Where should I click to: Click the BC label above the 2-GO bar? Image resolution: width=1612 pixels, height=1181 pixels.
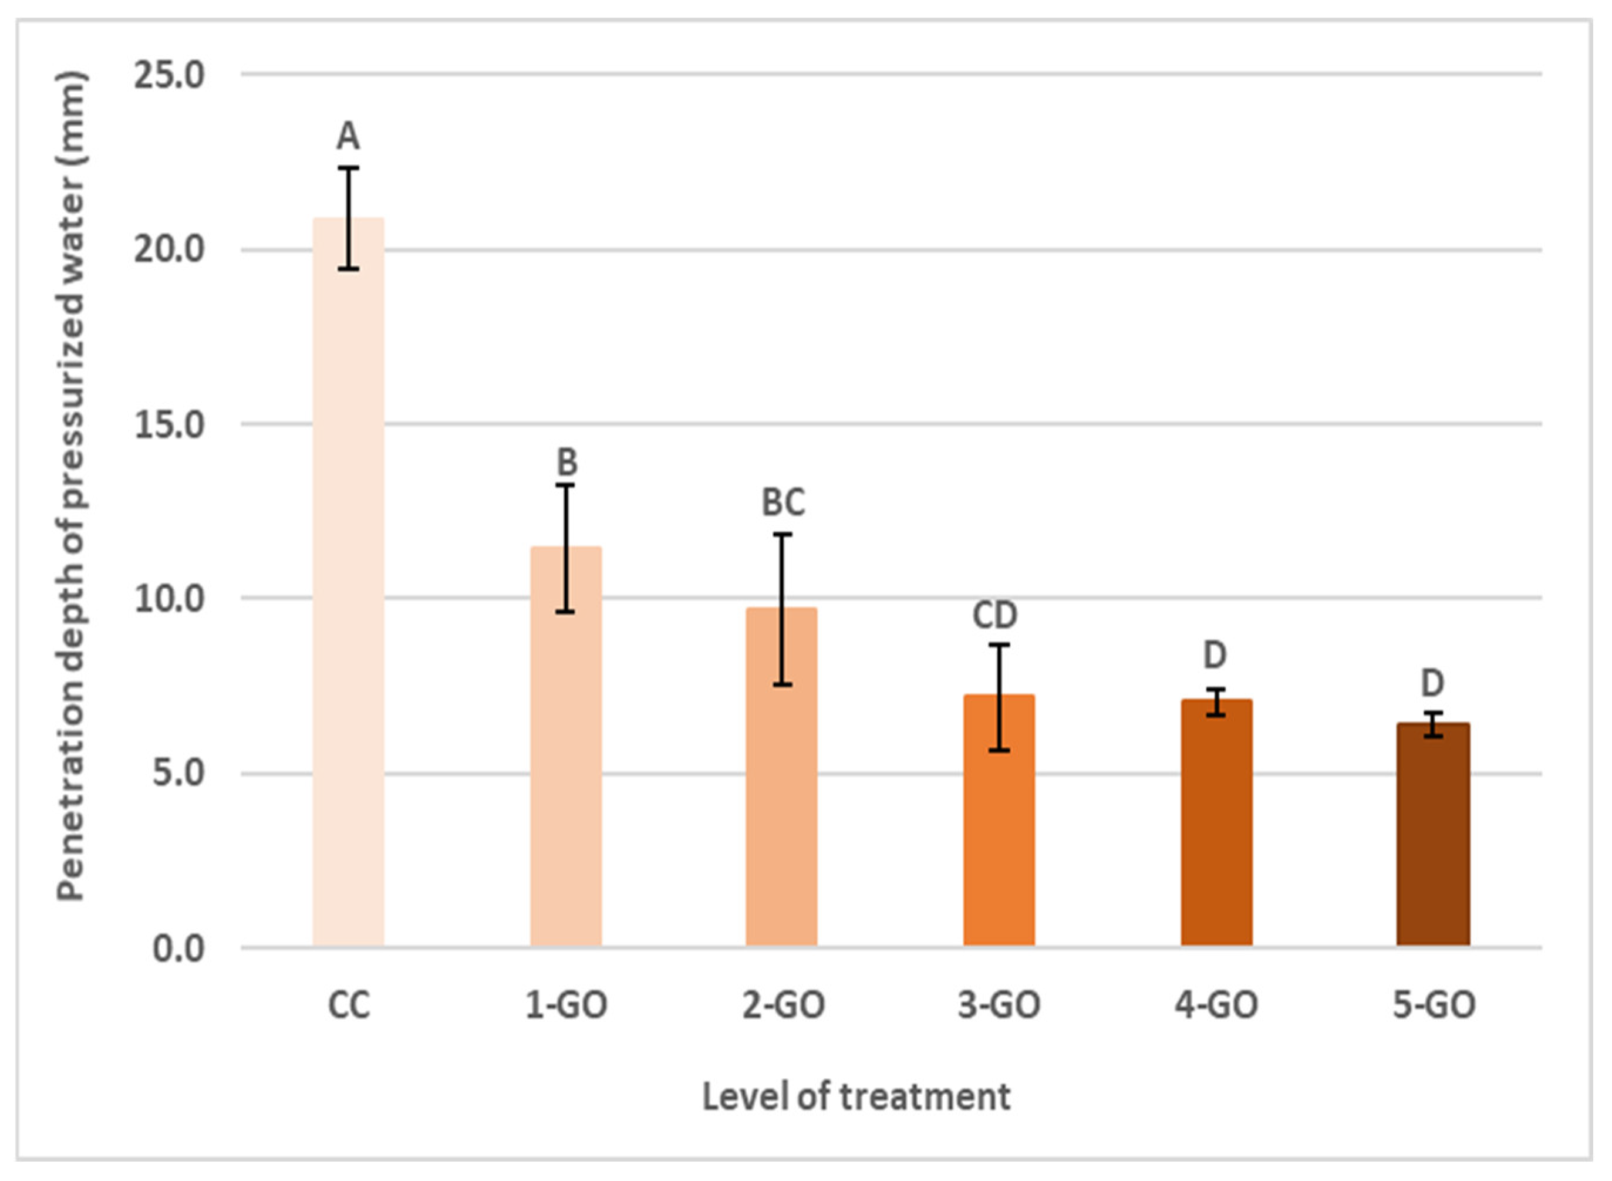pyautogui.click(x=783, y=502)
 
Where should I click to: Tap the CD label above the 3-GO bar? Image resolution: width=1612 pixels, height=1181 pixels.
pyautogui.click(x=994, y=615)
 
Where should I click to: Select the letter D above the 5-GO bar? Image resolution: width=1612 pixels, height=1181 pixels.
pyautogui.click(x=1432, y=683)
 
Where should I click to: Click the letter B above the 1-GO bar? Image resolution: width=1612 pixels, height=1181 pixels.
pyautogui.click(x=566, y=462)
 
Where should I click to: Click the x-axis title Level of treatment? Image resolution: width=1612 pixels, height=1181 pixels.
pyautogui.click(x=856, y=1096)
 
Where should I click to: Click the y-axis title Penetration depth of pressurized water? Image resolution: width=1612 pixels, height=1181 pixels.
pyautogui.click(x=72, y=486)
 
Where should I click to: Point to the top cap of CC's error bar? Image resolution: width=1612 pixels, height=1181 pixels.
pyautogui.click(x=348, y=168)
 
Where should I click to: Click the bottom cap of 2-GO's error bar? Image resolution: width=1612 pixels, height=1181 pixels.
pyautogui.click(x=782, y=685)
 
